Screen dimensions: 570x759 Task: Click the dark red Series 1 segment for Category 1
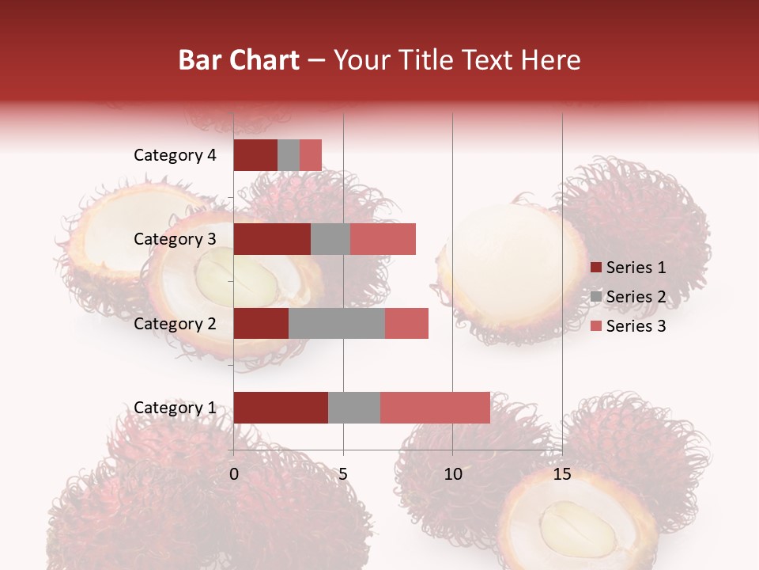(280, 408)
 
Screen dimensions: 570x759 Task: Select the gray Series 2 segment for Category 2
(336, 324)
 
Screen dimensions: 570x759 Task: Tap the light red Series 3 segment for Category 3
(383, 239)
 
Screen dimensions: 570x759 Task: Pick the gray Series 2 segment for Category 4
(289, 155)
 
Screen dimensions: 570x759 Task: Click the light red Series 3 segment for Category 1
(435, 408)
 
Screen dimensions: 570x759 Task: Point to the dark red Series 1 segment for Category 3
(272, 239)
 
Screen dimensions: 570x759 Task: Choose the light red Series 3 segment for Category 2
(406, 324)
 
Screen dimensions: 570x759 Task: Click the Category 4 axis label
(175, 155)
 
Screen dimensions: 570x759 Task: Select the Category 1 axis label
(175, 408)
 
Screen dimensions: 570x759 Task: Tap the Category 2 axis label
(175, 324)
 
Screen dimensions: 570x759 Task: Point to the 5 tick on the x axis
(343, 474)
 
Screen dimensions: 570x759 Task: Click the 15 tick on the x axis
(561, 474)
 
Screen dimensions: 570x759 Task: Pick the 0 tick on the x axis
(234, 474)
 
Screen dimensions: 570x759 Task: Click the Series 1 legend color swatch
(596, 268)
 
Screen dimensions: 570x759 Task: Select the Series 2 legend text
(636, 297)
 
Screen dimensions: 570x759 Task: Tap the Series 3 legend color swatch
(596, 326)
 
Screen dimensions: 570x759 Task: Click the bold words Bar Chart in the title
(239, 59)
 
